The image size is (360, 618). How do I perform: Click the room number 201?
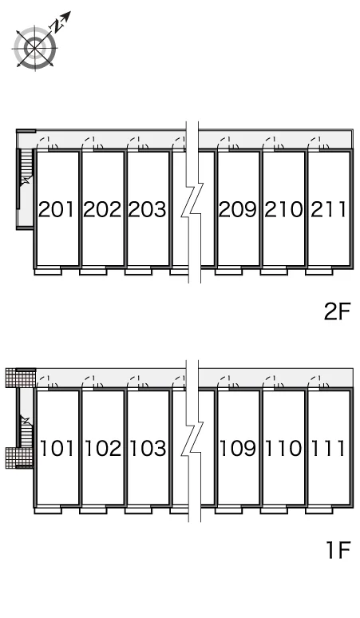[x=56, y=209]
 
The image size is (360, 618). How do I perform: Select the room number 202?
[x=102, y=209]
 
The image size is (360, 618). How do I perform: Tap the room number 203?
[x=148, y=209]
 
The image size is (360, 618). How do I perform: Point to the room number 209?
[x=238, y=209]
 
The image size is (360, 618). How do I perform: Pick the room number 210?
[x=283, y=209]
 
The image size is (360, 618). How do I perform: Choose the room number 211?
[x=329, y=209]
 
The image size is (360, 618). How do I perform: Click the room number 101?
[x=57, y=449]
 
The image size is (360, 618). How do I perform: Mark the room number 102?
[x=103, y=449]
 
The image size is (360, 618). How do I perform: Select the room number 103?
[x=148, y=449]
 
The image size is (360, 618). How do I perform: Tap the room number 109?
[x=238, y=449]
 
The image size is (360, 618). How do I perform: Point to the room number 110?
[x=283, y=449]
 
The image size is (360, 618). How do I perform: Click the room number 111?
[x=329, y=449]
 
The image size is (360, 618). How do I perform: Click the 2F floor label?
[x=337, y=311]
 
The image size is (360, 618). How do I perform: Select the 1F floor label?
[x=338, y=550]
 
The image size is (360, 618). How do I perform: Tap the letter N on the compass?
[x=57, y=26]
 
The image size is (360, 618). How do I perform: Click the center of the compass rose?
[x=35, y=48]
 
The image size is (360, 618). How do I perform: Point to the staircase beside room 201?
[x=26, y=178]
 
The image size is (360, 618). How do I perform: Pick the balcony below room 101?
[x=48, y=510]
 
